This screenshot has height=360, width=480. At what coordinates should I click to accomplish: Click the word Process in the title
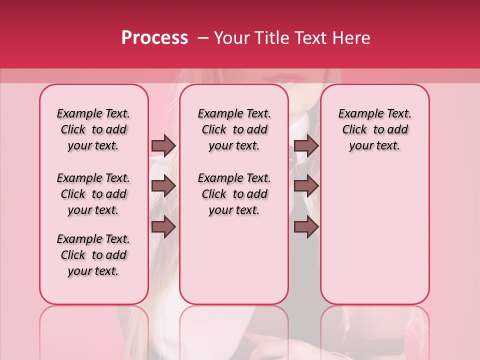[x=154, y=38]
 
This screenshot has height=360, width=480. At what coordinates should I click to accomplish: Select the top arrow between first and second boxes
[x=163, y=145]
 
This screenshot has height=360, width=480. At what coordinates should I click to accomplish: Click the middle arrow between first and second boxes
[x=163, y=186]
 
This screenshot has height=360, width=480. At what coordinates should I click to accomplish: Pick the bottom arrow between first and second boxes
[x=163, y=227]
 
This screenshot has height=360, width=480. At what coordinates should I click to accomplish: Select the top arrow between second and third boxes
[x=306, y=145]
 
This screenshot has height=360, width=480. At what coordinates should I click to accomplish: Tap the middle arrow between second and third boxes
[x=306, y=186]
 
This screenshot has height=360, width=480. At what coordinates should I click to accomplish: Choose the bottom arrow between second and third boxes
[x=306, y=227]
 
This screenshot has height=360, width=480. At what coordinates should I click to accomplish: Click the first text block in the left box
[x=93, y=129]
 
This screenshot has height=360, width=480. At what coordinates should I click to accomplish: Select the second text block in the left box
[x=93, y=194]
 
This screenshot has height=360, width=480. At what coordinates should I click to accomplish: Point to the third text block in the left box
[x=93, y=255]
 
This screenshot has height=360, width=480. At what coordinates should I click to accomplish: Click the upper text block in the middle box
[x=234, y=129]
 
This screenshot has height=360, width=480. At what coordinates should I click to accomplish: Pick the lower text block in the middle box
[x=234, y=194]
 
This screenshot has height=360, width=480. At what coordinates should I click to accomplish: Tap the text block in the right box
[x=374, y=129]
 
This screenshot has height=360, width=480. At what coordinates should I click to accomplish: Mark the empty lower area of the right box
[x=374, y=235]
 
